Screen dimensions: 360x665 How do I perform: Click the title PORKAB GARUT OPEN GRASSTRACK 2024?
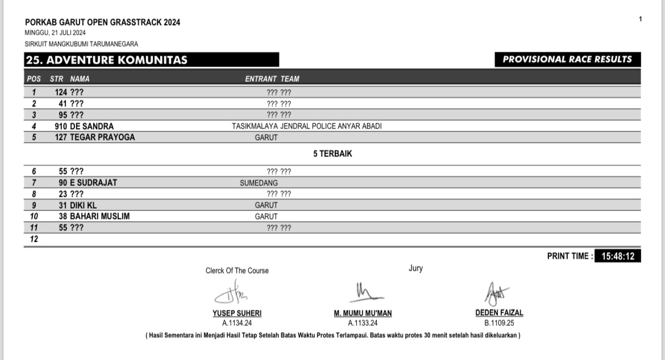pyautogui.click(x=102, y=22)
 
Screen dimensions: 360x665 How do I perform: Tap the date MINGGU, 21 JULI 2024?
pyautogui.click(x=55, y=33)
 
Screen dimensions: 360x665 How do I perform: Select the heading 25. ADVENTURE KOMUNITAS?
pyautogui.click(x=106, y=60)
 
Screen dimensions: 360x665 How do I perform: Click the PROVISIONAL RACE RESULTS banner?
pyautogui.click(x=567, y=59)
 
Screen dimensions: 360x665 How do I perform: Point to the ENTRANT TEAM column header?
pyautogui.click(x=272, y=79)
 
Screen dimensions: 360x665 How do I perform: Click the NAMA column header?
pyautogui.click(x=80, y=79)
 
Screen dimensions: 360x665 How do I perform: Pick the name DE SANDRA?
pyautogui.click(x=92, y=126)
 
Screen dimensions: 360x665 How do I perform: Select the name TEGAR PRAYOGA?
pyautogui.click(x=102, y=137)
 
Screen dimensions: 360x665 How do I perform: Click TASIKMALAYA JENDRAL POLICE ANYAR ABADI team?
pyautogui.click(x=306, y=126)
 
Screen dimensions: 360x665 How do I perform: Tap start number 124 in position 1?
pyautogui.click(x=61, y=92)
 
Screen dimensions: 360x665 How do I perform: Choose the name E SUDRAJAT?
pyautogui.click(x=93, y=183)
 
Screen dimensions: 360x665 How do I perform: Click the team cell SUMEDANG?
pyautogui.click(x=259, y=183)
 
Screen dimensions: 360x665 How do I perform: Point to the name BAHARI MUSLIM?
pyautogui.click(x=100, y=216)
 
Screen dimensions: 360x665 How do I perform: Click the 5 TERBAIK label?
pyautogui.click(x=332, y=154)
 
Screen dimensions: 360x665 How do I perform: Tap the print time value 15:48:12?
pyautogui.click(x=618, y=256)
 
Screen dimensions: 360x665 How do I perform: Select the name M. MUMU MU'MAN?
pyautogui.click(x=363, y=313)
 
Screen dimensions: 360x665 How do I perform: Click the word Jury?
pyautogui.click(x=415, y=268)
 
